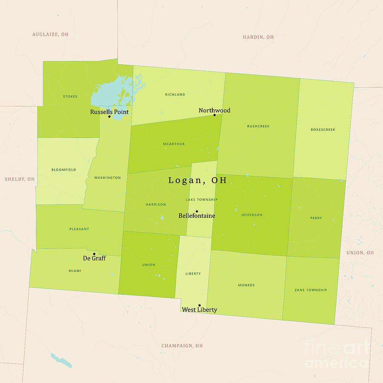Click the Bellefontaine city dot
coord(197,211)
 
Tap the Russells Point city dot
coord(109,117)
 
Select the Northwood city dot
coord(214,115)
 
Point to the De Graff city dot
coord(94,254)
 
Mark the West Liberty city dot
coord(199,305)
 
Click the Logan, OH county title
coord(197,180)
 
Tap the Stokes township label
coord(70,97)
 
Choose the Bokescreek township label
coord(323,129)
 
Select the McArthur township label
coord(174,144)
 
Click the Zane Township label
coord(311,290)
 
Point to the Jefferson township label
coord(252,215)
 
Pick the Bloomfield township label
coord(64,170)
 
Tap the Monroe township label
coord(246,285)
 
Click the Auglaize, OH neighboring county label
coord(50,34)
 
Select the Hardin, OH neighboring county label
coord(258,37)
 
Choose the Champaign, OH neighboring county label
coord(182,346)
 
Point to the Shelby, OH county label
coord(20,179)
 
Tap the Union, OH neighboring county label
coord(360,253)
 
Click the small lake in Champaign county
coord(61,360)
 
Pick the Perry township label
coord(316,218)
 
